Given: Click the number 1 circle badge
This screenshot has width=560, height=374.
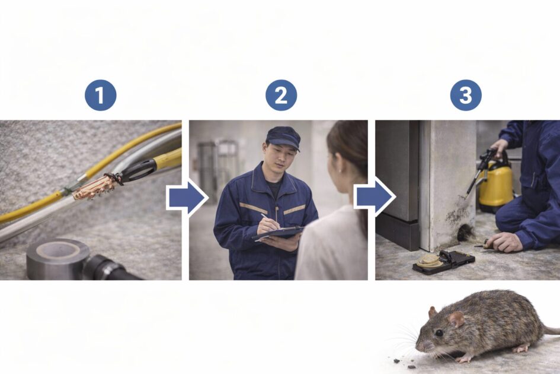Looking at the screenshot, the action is tap(100, 95).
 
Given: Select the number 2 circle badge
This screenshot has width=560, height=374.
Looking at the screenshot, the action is tap(281, 95).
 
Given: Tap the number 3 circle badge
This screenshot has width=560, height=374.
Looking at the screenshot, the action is tap(466, 95).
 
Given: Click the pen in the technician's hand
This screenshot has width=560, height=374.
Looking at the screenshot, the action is tap(270, 222).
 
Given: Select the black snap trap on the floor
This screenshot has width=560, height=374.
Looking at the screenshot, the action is tap(444, 262).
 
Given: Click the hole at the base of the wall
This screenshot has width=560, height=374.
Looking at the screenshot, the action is tap(465, 233).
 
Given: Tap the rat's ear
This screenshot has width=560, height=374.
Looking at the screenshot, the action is tap(456, 319).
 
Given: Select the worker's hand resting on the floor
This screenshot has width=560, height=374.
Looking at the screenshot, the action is tap(505, 242).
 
